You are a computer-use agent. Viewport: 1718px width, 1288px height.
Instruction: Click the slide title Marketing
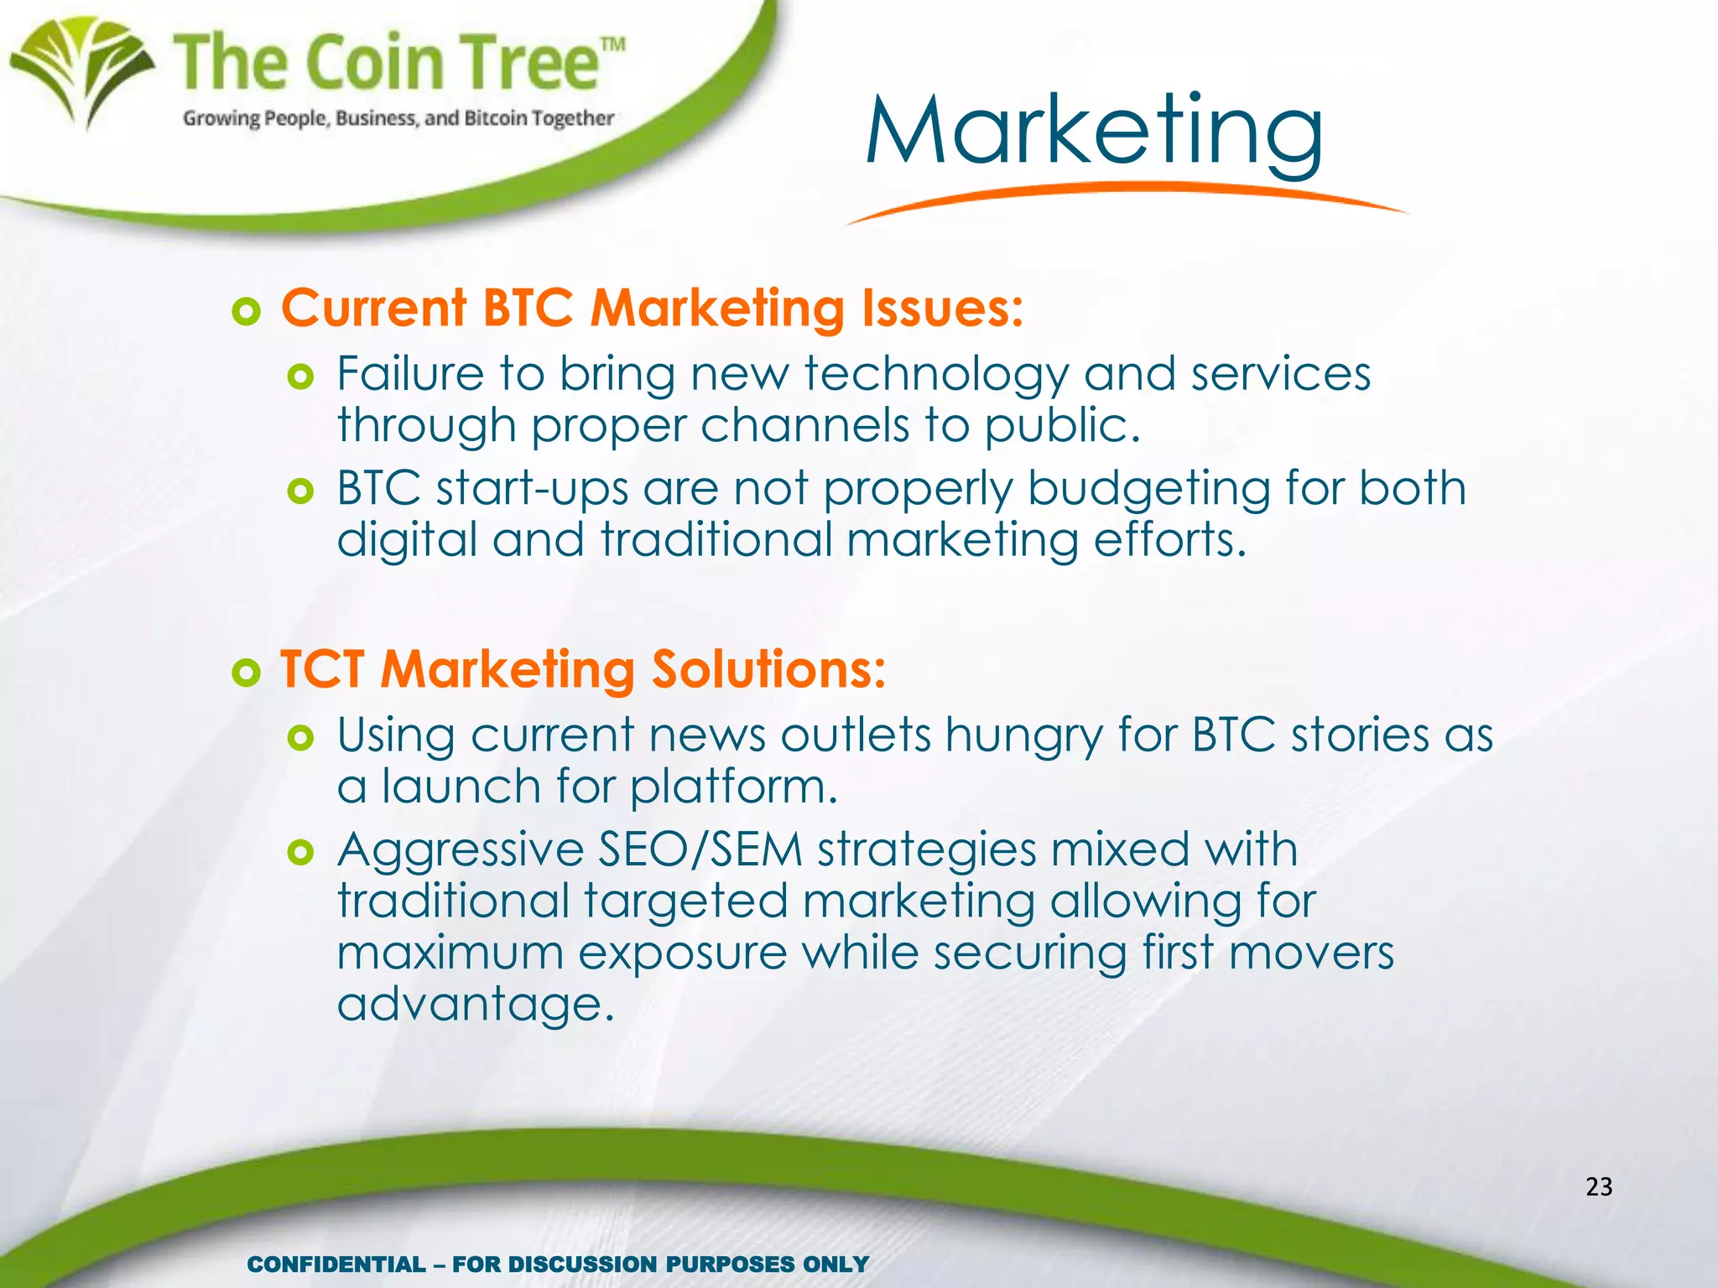point(1094,132)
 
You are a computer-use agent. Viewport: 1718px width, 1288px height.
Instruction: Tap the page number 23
point(1599,1187)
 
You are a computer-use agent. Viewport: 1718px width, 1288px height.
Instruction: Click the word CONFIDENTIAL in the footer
point(336,1264)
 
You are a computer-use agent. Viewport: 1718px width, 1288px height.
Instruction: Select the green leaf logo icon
point(81,71)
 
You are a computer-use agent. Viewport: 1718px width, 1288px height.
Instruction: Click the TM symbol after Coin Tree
point(612,44)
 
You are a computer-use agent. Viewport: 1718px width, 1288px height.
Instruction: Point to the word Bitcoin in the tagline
point(494,118)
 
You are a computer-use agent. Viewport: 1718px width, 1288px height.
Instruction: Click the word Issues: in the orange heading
point(943,308)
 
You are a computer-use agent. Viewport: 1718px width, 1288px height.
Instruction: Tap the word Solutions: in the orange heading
point(768,669)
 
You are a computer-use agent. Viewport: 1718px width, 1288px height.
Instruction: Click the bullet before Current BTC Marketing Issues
point(246,312)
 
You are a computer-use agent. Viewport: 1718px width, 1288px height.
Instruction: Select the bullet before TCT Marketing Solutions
point(246,673)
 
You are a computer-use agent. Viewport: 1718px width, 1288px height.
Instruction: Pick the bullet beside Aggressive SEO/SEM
point(299,853)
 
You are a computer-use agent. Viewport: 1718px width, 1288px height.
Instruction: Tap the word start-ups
point(532,489)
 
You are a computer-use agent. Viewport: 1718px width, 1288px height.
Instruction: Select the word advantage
point(476,1005)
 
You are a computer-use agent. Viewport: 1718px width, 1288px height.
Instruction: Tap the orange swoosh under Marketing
point(1124,198)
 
